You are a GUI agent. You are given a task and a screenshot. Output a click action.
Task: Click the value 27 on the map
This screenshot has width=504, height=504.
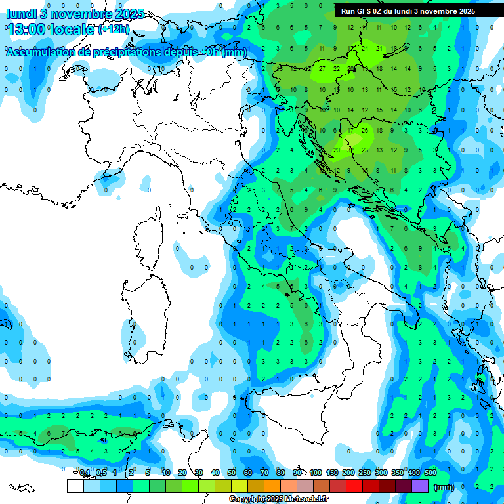[x=322, y=68]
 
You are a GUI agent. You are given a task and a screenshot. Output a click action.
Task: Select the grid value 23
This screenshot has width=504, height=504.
[x=365, y=150]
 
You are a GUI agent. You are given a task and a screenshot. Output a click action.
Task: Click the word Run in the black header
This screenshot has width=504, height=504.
[x=348, y=11]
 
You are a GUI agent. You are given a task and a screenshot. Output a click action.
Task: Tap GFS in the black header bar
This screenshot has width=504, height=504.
[x=366, y=11]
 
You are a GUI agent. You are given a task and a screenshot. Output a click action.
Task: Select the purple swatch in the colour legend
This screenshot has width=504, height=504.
[x=421, y=486]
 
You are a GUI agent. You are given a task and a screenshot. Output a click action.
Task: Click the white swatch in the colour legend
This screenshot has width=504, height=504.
[x=75, y=486]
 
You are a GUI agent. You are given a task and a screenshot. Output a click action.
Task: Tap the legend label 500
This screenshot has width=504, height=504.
[x=430, y=472]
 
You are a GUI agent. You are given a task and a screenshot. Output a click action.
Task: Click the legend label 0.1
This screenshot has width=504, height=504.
[x=85, y=472]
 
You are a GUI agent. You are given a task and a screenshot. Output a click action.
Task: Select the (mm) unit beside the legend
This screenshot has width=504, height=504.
[x=444, y=487]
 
